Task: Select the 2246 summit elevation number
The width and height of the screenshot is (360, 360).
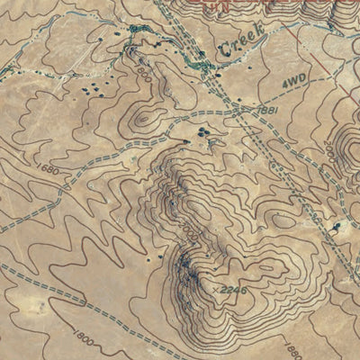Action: pyautogui.click(x=232, y=288)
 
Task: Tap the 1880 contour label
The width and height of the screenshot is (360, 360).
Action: pyautogui.click(x=292, y=350)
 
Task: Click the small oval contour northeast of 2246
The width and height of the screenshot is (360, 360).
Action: pyautogui.click(x=283, y=220)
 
